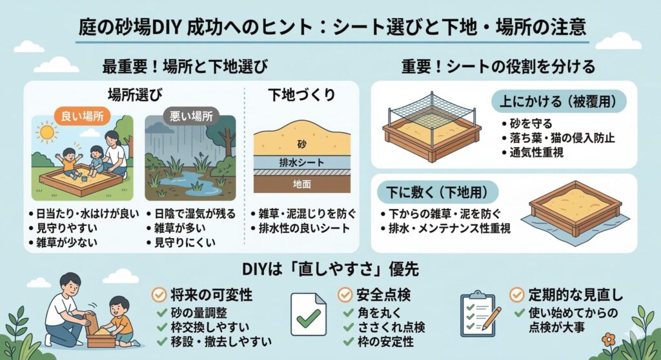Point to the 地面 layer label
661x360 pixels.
[300, 184]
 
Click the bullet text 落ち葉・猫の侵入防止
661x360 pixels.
[558, 137]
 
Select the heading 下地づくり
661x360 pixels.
[301, 94]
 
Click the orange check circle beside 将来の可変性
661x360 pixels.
[157, 295]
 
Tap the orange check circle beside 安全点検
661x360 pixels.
[345, 295]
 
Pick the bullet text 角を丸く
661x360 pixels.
[371, 313]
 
